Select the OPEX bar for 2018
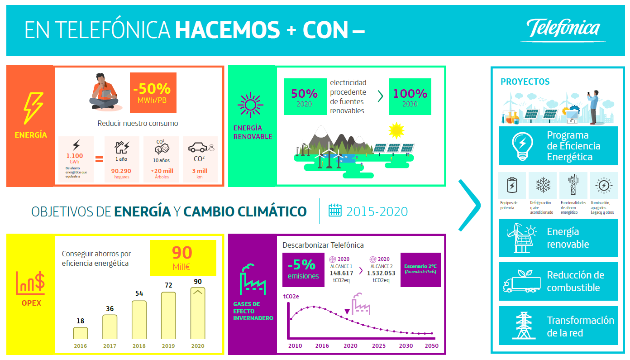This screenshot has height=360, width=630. (x=139, y=320)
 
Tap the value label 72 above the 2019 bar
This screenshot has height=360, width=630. (x=168, y=285)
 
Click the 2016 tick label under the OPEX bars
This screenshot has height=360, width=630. (x=81, y=346)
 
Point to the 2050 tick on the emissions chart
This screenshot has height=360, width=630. (x=432, y=346)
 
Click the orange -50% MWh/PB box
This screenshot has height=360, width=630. (x=153, y=92)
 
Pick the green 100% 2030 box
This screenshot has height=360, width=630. (x=410, y=96)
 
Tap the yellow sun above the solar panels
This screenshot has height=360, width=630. (x=396, y=130)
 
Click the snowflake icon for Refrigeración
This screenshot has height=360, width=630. (x=543, y=185)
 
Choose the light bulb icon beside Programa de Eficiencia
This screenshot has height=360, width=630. (x=522, y=146)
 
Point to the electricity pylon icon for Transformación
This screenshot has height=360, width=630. (x=523, y=325)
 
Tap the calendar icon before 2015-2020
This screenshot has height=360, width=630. (x=335, y=210)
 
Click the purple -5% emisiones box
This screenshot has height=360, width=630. (x=303, y=270)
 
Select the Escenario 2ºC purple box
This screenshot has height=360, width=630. (x=420, y=270)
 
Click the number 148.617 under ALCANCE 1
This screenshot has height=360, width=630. (x=341, y=273)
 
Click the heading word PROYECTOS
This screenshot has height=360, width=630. (x=525, y=82)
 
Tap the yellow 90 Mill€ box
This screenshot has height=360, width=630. (x=183, y=258)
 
